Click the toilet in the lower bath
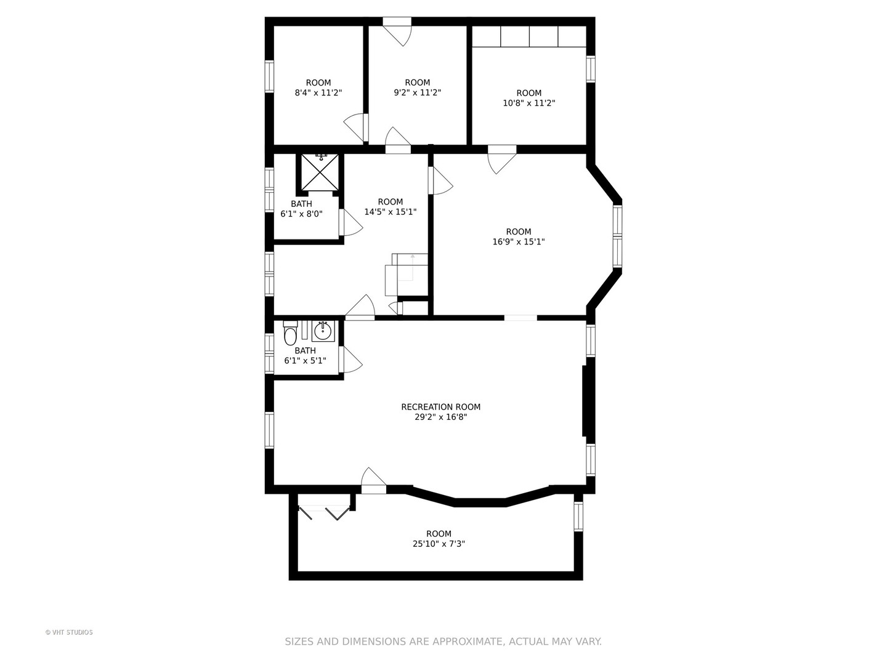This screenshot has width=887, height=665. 290,335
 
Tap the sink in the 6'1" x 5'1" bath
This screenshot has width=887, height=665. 323,331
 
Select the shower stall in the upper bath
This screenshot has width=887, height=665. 320,172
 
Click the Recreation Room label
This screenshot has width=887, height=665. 440,407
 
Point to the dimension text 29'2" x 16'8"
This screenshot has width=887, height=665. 440,417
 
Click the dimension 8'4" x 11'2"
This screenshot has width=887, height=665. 318,93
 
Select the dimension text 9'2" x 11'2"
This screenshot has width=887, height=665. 417,93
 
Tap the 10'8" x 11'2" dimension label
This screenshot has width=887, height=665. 529,103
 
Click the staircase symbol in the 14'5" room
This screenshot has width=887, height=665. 407,275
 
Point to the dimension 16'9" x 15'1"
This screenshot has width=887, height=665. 518,242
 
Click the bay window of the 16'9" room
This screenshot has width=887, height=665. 617,236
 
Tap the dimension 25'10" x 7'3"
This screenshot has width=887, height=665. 439,544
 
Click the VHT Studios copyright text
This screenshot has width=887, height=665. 69,632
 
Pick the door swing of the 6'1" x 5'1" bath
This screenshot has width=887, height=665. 350,360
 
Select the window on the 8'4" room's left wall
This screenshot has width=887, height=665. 269,76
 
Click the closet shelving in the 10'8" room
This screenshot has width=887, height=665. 529,36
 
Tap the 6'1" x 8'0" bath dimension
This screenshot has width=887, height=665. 301,214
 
